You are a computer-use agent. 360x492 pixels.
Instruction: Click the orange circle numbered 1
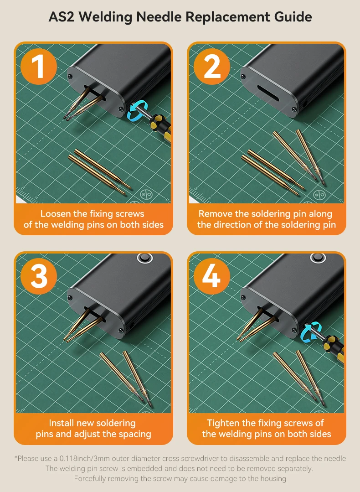click(x=39, y=66)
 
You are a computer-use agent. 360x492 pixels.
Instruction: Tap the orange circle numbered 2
click(x=212, y=66)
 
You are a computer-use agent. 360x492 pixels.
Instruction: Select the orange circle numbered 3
click(x=39, y=276)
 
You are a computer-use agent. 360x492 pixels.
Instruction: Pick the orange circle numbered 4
click(x=212, y=276)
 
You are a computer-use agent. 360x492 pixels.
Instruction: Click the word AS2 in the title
click(x=62, y=16)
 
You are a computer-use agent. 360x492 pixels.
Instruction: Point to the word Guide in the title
click(x=293, y=16)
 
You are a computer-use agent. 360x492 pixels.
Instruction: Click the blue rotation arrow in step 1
click(x=137, y=110)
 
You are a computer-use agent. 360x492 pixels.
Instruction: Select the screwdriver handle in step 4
click(x=334, y=347)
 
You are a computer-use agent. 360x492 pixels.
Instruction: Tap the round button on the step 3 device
click(x=144, y=258)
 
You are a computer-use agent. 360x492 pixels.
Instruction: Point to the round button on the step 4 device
click(x=318, y=258)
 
